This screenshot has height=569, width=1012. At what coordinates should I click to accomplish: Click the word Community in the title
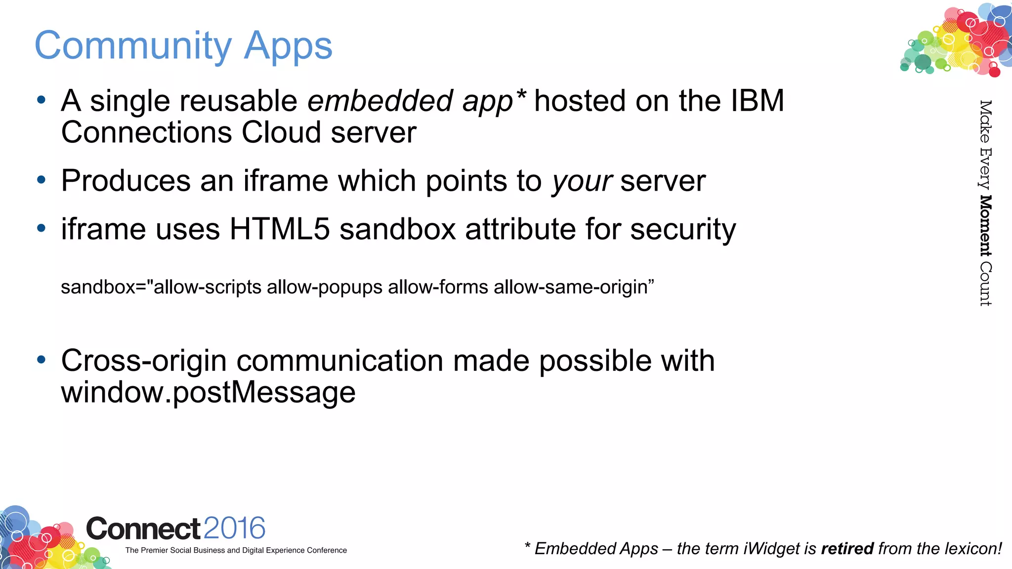pos(132,46)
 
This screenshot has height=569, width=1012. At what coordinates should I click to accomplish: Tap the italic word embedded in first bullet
pos(380,101)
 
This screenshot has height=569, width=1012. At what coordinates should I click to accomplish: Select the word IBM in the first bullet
pos(757,101)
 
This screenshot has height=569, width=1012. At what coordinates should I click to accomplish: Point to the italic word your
pos(582,181)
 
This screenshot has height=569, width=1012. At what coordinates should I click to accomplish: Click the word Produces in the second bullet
pos(126,181)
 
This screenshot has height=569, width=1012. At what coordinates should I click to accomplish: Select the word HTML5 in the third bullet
pos(279,229)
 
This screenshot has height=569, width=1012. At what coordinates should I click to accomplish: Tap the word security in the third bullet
pos(683,230)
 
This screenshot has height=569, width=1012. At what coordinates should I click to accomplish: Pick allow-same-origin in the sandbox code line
pos(573,287)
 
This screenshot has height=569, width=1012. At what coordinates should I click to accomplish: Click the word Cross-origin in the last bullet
pos(143,361)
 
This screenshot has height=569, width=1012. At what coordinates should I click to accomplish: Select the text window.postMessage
pos(208,393)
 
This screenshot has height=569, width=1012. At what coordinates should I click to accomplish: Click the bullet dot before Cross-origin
pos(42,360)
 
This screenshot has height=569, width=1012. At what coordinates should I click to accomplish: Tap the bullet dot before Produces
pos(42,180)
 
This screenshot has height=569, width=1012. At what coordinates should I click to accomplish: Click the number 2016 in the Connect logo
pos(234,528)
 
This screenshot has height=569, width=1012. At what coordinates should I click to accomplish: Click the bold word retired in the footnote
pos(847,549)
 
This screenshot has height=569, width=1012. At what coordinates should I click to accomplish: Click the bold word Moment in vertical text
pos(985,226)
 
